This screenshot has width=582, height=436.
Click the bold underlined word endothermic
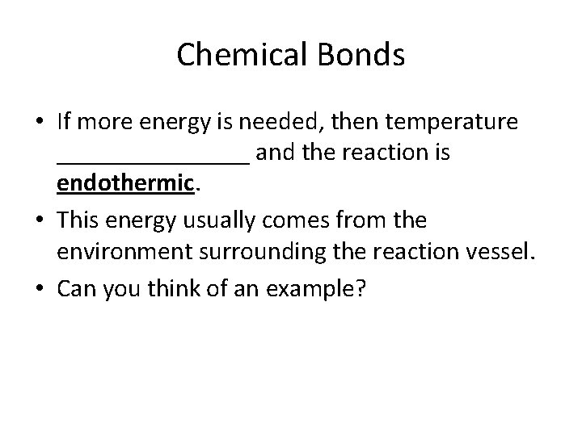pyautogui.click(x=126, y=184)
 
